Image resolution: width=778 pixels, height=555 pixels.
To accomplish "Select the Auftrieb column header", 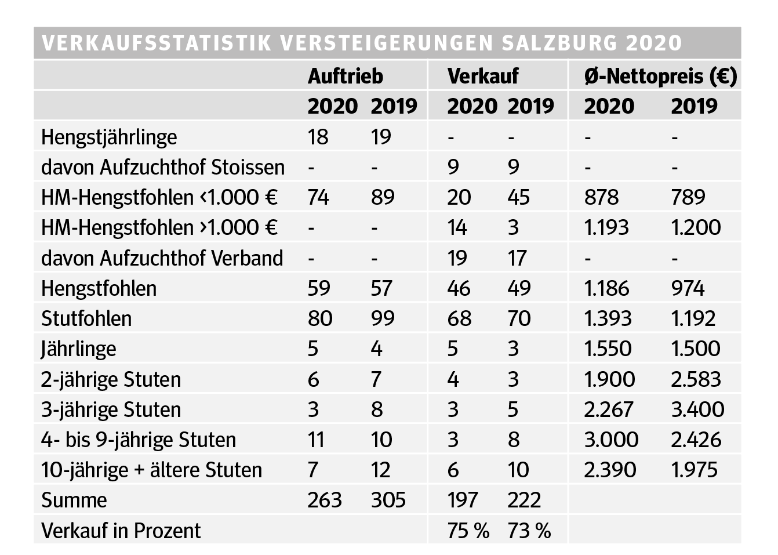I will point(345,76).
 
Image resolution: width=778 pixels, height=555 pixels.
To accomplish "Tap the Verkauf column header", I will point(483,76).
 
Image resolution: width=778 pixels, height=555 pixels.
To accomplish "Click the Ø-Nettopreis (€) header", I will point(660,76).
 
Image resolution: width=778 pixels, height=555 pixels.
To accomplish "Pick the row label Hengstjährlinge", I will point(109,137).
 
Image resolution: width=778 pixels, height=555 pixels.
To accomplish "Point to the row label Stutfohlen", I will point(86,318).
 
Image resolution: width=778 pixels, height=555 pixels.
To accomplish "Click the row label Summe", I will point(74,500).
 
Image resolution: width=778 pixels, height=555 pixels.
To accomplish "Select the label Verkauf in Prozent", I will point(121,531).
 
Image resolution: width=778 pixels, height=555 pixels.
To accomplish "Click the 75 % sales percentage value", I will point(468,531).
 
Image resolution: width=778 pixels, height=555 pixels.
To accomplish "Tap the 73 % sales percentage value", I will point(529,531).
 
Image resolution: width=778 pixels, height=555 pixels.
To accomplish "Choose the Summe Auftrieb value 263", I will point(325,500).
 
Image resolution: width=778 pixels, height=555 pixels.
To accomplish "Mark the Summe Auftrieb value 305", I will point(388,500).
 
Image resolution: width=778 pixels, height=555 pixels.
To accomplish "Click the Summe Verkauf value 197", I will point(463,500).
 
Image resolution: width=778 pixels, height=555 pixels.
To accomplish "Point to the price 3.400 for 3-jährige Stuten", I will point(697,409).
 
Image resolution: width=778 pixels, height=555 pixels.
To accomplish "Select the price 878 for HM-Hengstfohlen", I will point(601,198).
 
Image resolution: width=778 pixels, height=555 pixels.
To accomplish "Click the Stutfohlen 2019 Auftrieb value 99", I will point(383,318).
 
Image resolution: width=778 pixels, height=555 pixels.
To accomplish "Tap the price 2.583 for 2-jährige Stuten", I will point(696,379).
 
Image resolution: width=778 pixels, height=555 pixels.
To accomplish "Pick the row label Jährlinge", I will point(78,349).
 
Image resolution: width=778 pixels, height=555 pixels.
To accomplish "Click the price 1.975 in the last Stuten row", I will point(694,470).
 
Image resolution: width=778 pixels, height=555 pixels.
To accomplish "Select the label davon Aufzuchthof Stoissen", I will point(163,168).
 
